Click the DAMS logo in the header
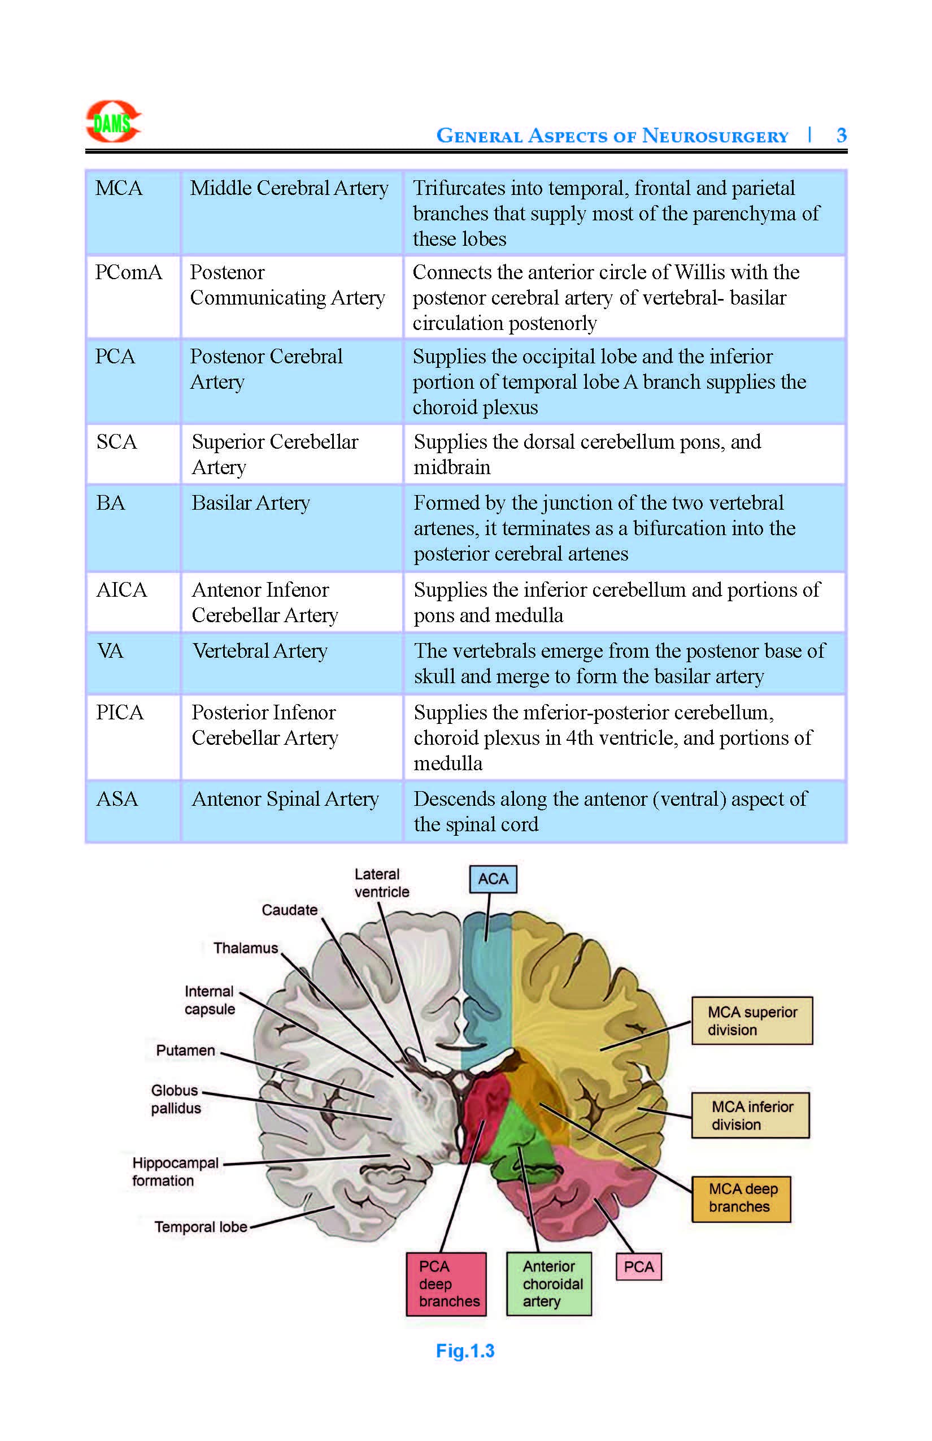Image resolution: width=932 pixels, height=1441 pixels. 113,121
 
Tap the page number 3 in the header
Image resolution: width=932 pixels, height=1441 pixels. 840,135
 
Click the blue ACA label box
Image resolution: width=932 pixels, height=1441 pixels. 493,879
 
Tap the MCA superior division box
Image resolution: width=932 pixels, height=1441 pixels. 752,1021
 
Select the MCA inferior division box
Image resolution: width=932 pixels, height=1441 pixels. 751,1116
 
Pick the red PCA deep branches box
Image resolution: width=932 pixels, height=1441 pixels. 447,1283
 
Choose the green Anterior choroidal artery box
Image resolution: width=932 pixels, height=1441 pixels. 549,1283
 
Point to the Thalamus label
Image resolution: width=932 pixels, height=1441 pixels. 246,948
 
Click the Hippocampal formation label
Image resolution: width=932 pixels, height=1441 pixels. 175,1171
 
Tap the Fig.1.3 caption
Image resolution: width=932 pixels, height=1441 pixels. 465,1351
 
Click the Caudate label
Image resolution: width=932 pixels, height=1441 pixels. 289,910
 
